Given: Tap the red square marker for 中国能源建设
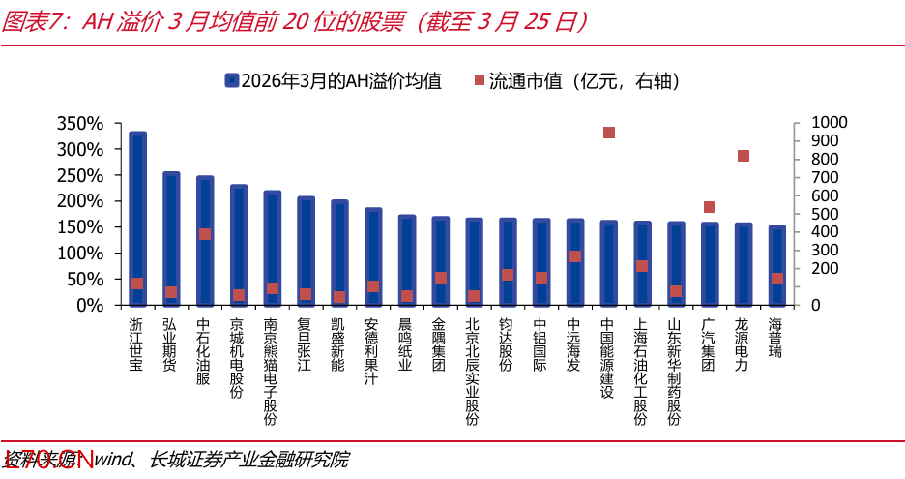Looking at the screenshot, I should (x=609, y=133).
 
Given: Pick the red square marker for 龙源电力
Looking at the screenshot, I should (x=744, y=156).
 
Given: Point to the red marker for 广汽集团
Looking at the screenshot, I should (x=710, y=207).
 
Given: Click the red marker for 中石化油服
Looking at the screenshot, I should (x=205, y=233).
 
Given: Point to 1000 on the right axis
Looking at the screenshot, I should (x=829, y=122).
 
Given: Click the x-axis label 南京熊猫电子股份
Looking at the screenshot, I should (x=272, y=372).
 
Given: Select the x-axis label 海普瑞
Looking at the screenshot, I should (x=776, y=338).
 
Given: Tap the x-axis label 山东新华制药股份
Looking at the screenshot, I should (x=676, y=372).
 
